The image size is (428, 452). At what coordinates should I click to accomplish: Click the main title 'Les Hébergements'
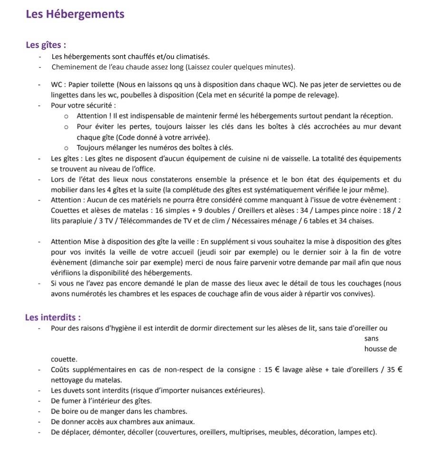[75, 14]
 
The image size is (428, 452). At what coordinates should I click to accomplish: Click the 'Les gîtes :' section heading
[46, 45]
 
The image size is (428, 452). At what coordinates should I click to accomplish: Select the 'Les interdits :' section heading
[53, 317]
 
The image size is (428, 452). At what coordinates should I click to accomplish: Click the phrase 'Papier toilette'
[90, 85]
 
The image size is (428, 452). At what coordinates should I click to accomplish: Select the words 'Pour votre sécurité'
[82, 105]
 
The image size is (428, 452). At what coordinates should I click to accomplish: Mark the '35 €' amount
[394, 370]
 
